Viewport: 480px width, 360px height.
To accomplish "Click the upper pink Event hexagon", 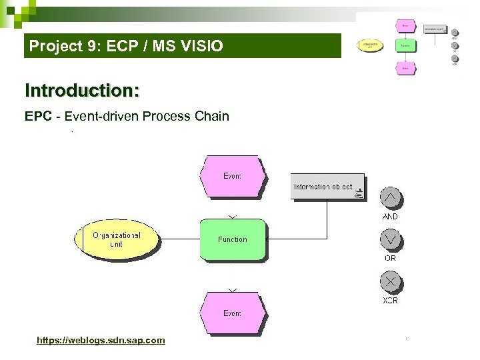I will [233, 176].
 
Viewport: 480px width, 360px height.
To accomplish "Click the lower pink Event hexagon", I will [233, 313].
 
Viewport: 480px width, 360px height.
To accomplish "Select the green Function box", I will [233, 239].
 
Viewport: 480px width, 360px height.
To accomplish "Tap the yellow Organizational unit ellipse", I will [117, 239].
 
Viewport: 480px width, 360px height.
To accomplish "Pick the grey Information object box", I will [327, 187].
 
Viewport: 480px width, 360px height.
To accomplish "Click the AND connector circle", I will [391, 198].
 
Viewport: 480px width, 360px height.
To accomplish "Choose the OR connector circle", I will [391, 240].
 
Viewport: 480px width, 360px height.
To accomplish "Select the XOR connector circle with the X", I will [391, 282].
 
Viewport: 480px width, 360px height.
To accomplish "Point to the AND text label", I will [391, 217].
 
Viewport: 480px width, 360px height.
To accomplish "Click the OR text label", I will [391, 258].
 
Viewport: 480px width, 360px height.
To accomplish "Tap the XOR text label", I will [391, 301].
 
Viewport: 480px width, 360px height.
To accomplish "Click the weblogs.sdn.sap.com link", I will [101, 341].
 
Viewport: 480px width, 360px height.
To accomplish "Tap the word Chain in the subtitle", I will [212, 117].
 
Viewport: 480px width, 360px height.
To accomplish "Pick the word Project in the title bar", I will [53, 47].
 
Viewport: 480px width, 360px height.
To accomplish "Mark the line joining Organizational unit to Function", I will [180, 239].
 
